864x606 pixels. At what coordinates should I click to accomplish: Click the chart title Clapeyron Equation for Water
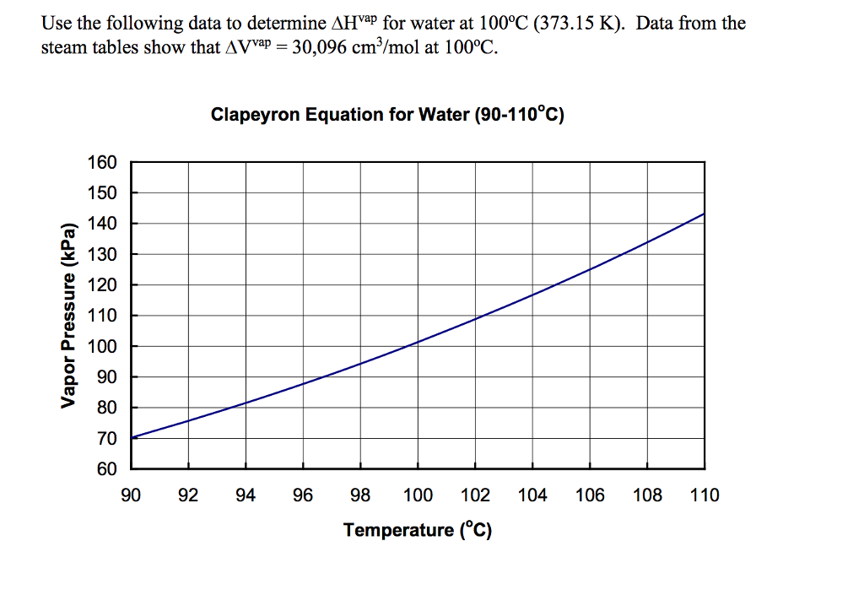(x=386, y=114)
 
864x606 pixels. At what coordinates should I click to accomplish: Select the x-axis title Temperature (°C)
(x=417, y=530)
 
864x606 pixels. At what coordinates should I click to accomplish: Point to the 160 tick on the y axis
(x=104, y=163)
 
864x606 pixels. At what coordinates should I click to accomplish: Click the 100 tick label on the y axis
(x=104, y=346)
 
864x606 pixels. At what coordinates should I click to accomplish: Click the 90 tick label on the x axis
(x=131, y=495)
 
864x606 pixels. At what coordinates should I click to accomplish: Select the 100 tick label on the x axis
(x=418, y=495)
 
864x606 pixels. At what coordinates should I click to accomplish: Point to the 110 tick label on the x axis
(x=705, y=495)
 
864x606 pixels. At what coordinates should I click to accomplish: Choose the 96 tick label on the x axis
(x=303, y=495)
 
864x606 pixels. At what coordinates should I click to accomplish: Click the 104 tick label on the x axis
(x=532, y=495)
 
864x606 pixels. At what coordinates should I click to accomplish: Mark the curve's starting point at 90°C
(x=132, y=437)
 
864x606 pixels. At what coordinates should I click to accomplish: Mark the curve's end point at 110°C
(x=705, y=214)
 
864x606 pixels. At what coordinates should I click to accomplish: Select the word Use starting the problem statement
(x=57, y=23)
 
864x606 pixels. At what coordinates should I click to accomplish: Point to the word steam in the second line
(x=64, y=47)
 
